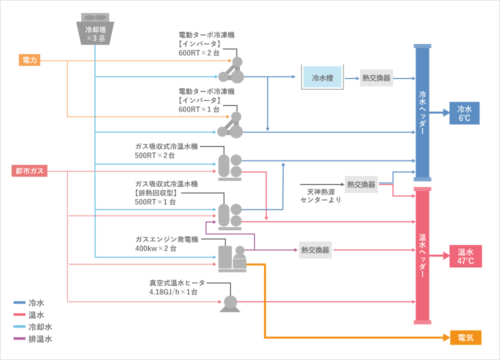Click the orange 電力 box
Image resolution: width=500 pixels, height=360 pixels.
(29, 60)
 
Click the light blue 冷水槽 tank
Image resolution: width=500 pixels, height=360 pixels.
(322, 78)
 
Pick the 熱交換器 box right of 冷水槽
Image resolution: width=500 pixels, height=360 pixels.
(376, 78)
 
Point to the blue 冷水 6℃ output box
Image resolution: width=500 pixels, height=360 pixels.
(464, 113)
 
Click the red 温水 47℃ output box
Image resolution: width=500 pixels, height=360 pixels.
(465, 256)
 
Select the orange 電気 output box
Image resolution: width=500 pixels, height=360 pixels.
(465, 338)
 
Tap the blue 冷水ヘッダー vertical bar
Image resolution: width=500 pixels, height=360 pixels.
(422, 112)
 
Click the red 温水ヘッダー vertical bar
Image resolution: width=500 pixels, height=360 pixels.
(422, 255)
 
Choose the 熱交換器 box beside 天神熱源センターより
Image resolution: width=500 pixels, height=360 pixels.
(361, 184)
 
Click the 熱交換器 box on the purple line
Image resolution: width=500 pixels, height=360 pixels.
(315, 250)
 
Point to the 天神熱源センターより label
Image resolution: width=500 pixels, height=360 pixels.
(321, 195)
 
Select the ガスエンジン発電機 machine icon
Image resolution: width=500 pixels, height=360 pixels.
(232, 258)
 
